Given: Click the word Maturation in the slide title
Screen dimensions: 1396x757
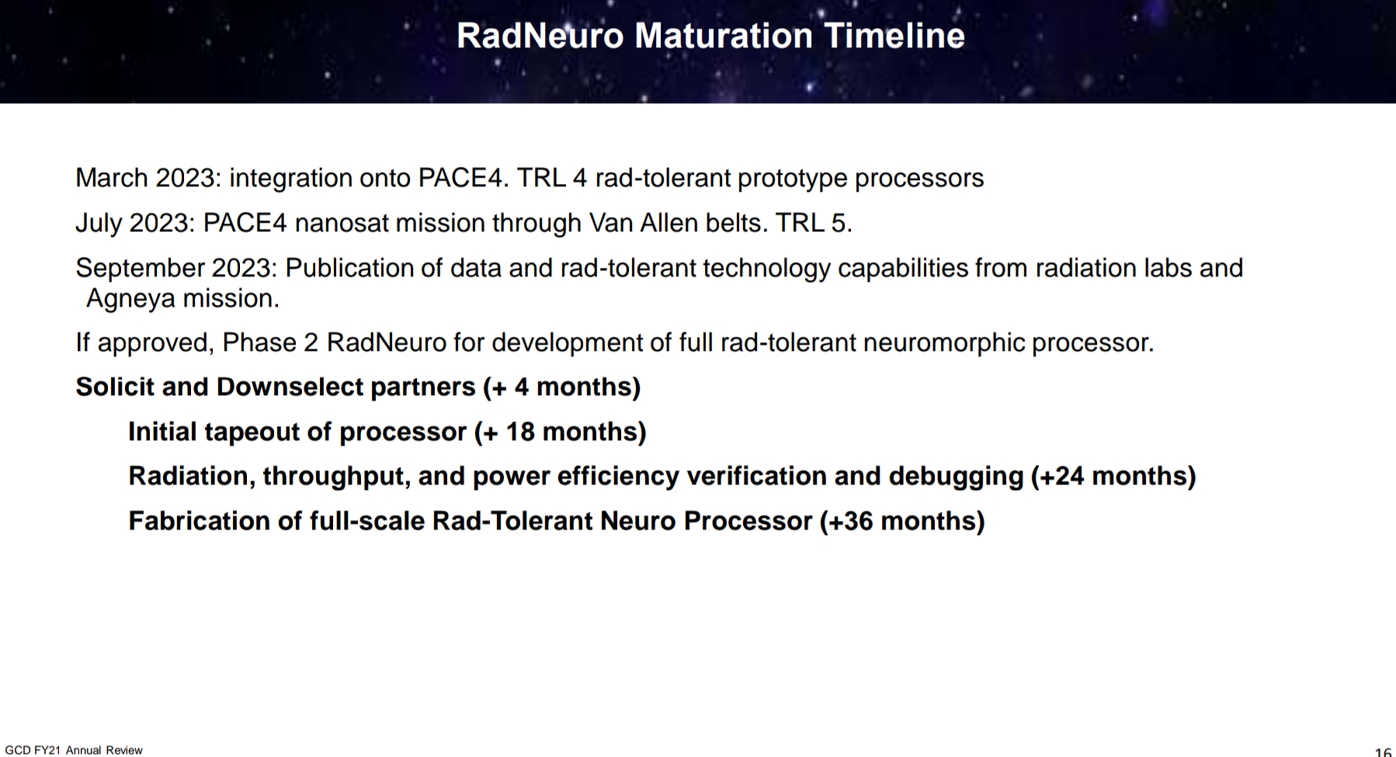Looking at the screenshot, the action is pyautogui.click(x=723, y=36).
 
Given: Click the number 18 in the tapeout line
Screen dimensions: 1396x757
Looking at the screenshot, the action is pyautogui.click(x=520, y=432).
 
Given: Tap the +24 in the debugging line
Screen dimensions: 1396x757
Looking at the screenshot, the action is pyautogui.click(x=1062, y=476).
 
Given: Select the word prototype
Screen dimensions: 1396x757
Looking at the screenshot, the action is pyautogui.click(x=792, y=179).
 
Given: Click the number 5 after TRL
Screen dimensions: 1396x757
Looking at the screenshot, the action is pyautogui.click(x=839, y=224).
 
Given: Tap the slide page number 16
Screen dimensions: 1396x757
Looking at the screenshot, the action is pyautogui.click(x=1382, y=752).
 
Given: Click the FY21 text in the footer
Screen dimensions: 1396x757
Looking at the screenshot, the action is pyautogui.click(x=48, y=750).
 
